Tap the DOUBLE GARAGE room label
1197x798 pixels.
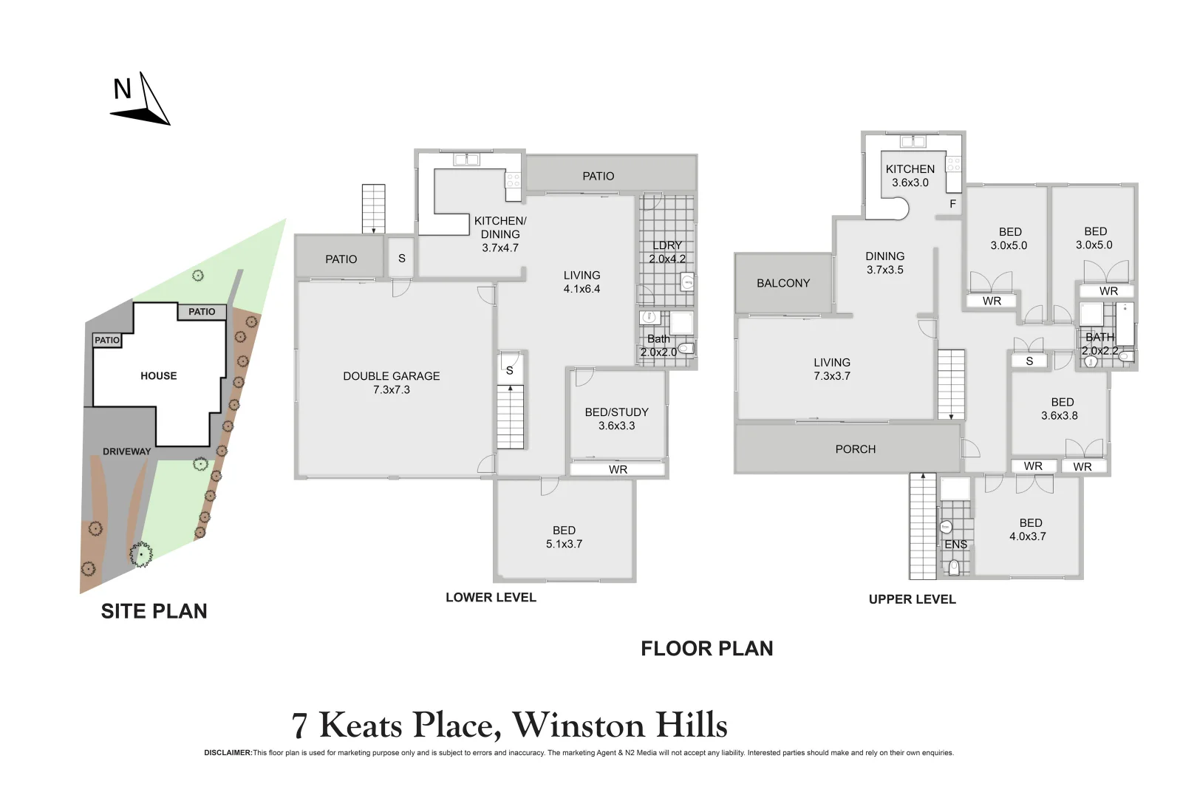[391, 376]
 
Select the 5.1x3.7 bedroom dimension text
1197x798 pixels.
[564, 544]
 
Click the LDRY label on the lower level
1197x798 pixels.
[667, 245]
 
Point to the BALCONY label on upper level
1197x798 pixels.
[783, 283]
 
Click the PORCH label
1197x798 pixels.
[855, 449]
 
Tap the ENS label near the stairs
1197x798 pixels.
[955, 545]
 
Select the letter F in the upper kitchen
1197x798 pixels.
[952, 204]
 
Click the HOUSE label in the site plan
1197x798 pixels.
[158, 376]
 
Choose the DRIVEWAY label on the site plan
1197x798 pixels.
[126, 451]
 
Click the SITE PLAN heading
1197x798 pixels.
[154, 611]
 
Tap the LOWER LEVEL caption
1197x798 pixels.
[491, 598]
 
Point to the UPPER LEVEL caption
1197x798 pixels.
[912, 599]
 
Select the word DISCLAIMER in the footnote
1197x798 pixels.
[228, 753]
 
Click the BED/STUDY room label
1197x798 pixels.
[616, 412]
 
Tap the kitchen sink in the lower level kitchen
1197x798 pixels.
[466, 159]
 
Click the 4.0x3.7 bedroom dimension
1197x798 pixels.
[1027, 536]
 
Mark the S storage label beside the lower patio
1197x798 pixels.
[401, 259]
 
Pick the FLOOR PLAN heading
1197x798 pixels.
[706, 649]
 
